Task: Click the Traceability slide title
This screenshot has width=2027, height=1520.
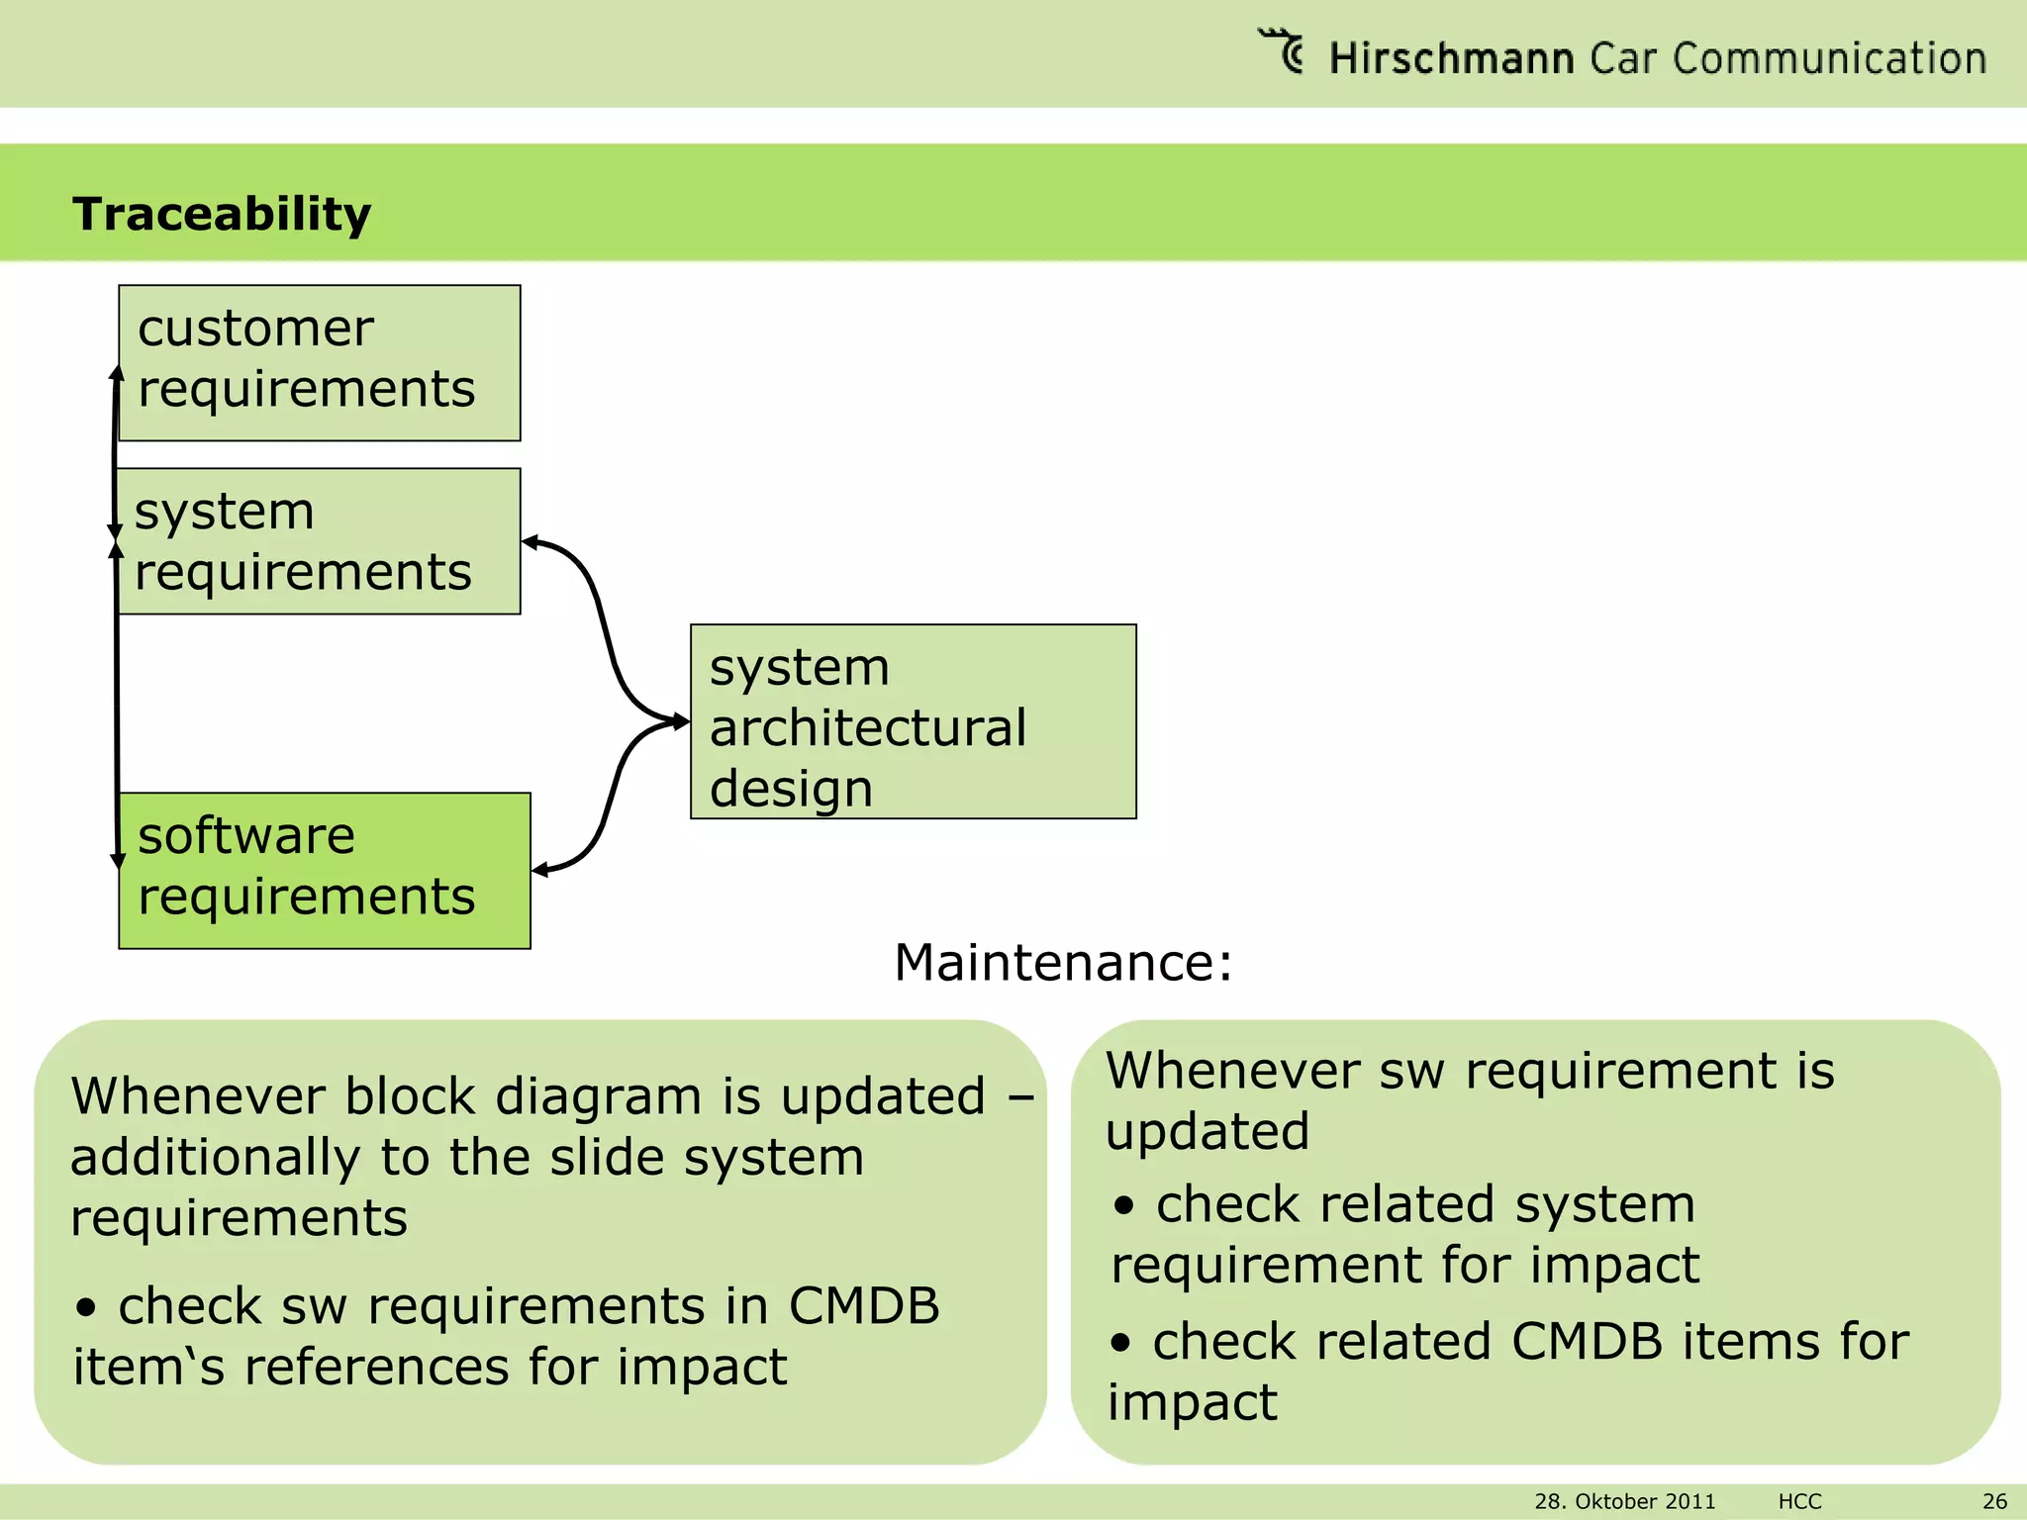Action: [x=222, y=214]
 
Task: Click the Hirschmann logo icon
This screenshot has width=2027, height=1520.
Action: [x=1283, y=50]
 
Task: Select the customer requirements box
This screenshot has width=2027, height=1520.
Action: [x=319, y=362]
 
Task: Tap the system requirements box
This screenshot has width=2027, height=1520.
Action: [x=319, y=541]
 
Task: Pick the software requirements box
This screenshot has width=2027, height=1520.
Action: [x=325, y=870]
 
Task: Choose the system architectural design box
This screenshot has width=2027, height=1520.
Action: [x=913, y=721]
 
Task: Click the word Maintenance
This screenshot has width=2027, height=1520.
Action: [x=1062, y=962]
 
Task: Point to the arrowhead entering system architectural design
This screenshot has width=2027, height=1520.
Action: [x=681, y=721]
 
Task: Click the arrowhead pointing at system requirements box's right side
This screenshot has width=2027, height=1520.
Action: [x=531, y=542]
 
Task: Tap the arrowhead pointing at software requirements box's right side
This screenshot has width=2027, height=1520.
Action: [x=540, y=870]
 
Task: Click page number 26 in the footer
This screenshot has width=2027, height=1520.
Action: [x=1994, y=1501]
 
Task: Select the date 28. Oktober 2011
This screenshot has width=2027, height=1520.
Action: [x=1624, y=1501]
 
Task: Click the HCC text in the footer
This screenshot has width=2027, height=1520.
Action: [x=1799, y=1501]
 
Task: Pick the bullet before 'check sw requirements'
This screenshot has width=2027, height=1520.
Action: [x=87, y=1308]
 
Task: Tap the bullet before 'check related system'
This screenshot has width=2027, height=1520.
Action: [x=1123, y=1206]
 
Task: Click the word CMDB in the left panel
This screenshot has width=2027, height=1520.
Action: [x=863, y=1305]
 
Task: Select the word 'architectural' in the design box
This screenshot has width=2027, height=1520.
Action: [x=868, y=727]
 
